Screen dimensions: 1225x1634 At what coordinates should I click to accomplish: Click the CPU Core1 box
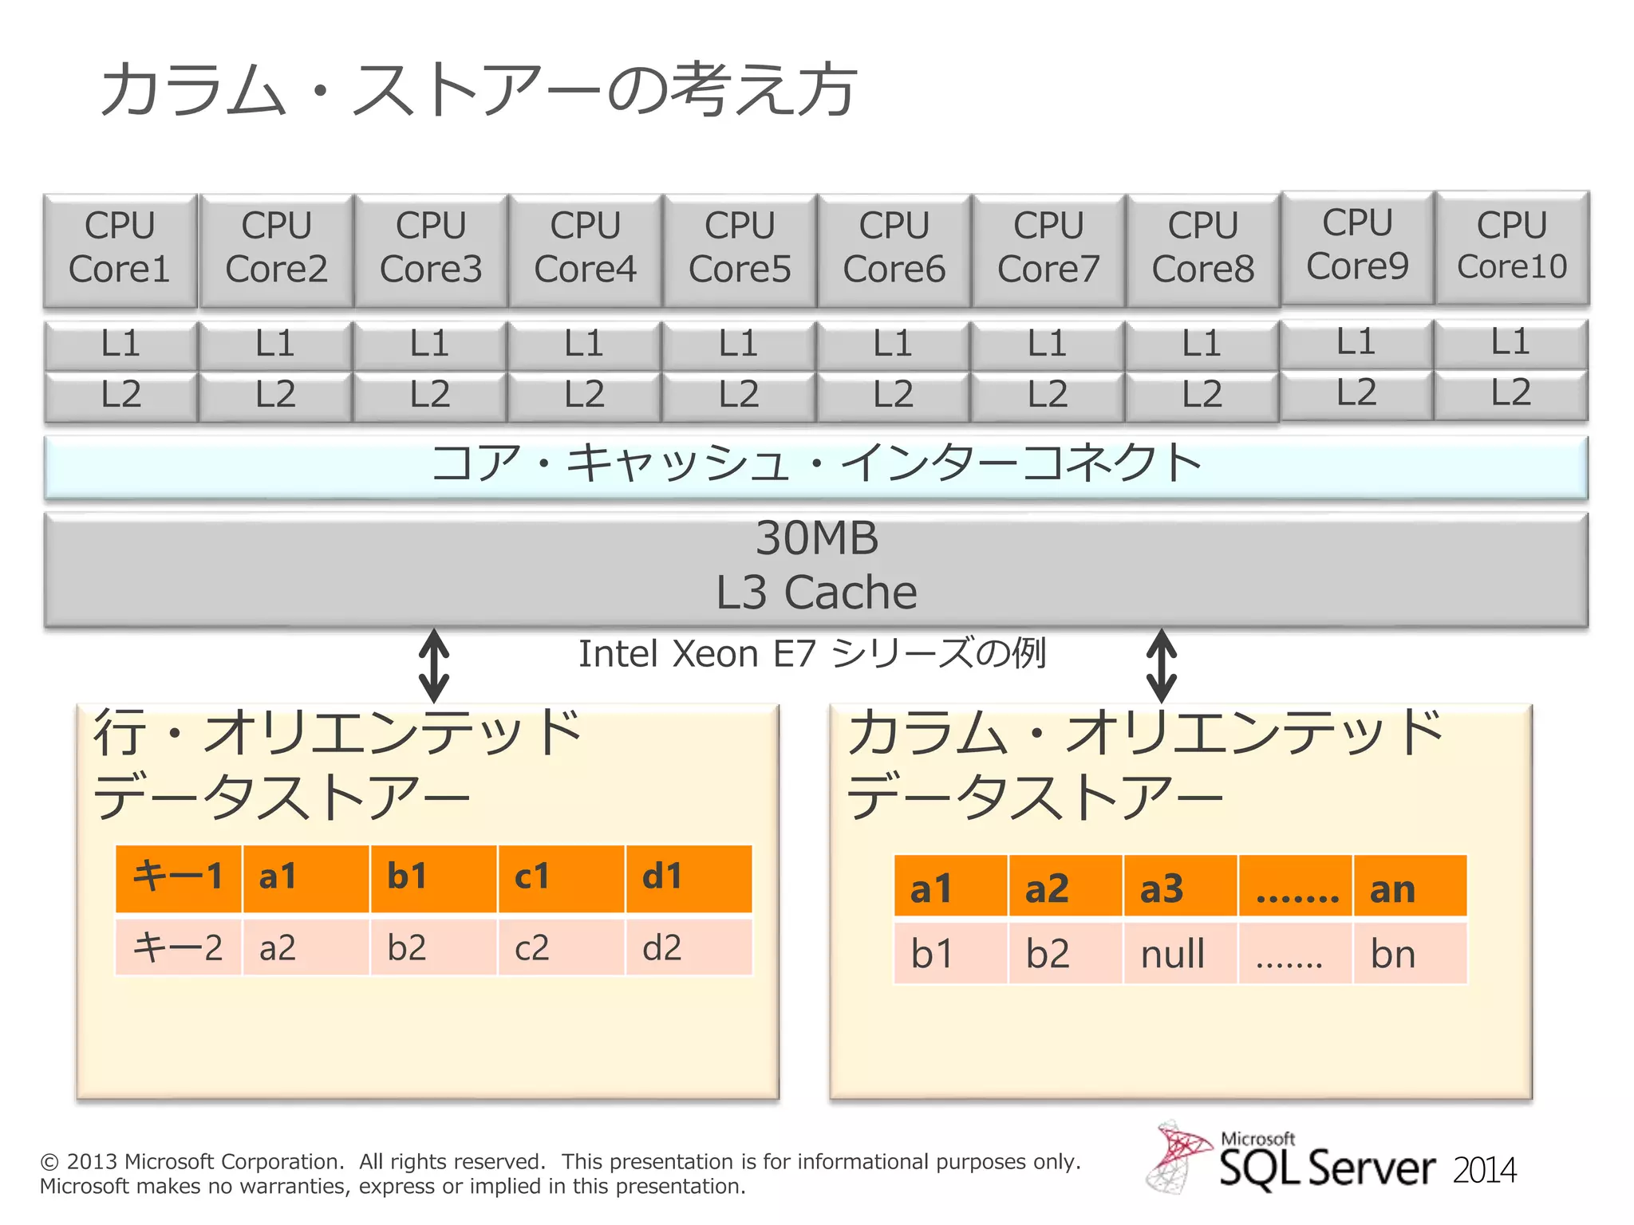tap(120, 249)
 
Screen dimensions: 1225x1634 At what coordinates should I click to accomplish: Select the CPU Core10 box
tap(1511, 246)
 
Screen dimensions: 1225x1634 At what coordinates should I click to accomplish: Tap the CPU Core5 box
tap(740, 249)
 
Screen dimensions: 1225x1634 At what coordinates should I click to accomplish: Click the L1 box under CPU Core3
tap(430, 345)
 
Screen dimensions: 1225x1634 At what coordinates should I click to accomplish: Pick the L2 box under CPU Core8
tap(1202, 395)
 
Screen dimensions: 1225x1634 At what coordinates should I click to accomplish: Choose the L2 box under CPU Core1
tap(120, 395)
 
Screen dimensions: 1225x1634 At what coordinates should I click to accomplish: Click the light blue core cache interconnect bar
tap(815, 467)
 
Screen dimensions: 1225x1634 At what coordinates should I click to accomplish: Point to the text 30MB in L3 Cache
tap(817, 538)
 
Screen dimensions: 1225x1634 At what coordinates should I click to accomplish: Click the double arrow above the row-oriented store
tap(434, 665)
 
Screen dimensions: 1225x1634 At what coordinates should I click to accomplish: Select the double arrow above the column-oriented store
tap(1162, 665)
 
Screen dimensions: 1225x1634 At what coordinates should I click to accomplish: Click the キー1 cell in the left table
tap(178, 877)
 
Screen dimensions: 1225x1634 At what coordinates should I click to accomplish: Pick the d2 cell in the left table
tap(688, 947)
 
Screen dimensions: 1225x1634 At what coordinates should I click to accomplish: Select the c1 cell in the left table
tap(560, 877)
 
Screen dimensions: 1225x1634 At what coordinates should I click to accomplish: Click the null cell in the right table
tap(1179, 954)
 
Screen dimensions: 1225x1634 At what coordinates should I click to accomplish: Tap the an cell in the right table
tap(1409, 888)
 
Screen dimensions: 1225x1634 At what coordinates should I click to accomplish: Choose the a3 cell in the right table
tap(1179, 888)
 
